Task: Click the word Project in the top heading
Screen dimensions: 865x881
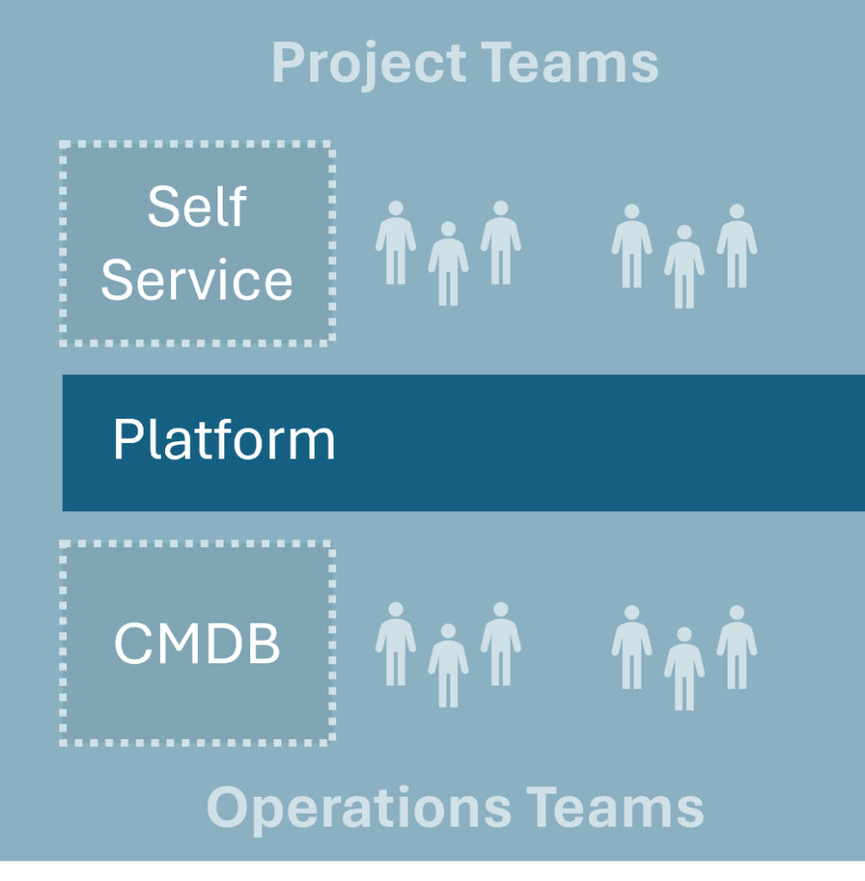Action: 369,65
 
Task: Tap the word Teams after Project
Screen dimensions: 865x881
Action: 569,63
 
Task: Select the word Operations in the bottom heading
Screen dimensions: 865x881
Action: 359,810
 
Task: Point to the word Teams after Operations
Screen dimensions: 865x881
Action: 615,807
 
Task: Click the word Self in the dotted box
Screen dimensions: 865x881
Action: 197,206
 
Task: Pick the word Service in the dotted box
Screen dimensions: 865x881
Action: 197,280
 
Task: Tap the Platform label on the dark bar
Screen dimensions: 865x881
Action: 224,440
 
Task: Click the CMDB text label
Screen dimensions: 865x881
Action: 197,643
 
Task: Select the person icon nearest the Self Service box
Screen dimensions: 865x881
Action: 396,242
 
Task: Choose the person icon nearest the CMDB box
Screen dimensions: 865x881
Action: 396,644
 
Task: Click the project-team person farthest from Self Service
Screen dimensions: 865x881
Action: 737,246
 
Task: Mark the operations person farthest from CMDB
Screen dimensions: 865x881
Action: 737,647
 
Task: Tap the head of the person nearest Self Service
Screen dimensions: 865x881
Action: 396,208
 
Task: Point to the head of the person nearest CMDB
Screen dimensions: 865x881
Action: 396,610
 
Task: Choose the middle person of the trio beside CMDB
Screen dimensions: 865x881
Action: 448,665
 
